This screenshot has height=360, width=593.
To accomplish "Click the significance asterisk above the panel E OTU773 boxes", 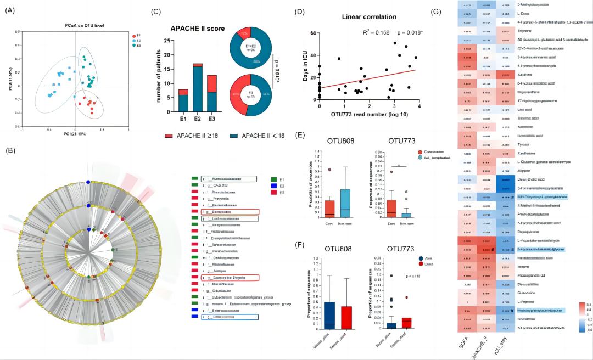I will pyautogui.click(x=398, y=164).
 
